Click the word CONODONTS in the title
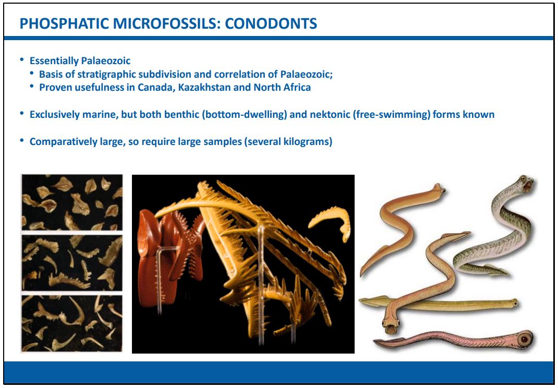coord(271,23)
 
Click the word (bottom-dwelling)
coord(245,115)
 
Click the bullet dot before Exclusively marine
coord(22,114)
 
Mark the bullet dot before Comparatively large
coord(22,141)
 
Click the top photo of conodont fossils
coord(72,202)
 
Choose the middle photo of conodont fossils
coord(72,262)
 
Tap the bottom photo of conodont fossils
coord(72,323)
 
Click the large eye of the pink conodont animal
coord(524,338)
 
